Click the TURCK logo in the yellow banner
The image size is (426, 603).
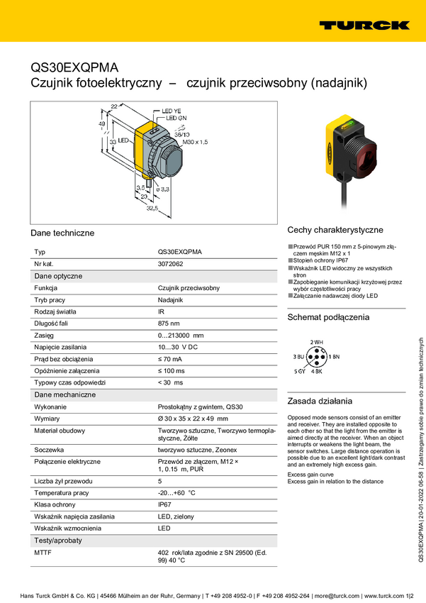pyautogui.click(x=364, y=25)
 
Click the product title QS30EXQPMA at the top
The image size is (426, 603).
pyautogui.click(x=75, y=68)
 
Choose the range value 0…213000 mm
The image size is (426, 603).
pyautogui.click(x=180, y=335)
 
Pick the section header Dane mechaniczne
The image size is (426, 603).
pyautogui.click(x=65, y=394)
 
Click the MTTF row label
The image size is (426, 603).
pyautogui.click(x=44, y=551)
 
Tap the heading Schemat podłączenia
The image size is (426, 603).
pyautogui.click(x=328, y=317)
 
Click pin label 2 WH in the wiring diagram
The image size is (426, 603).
pyautogui.click(x=316, y=342)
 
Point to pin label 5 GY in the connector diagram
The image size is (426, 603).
pyautogui.click(x=300, y=371)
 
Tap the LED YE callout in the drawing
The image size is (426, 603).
pyautogui.click(x=172, y=111)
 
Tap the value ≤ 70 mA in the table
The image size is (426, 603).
pyautogui.click(x=171, y=358)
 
